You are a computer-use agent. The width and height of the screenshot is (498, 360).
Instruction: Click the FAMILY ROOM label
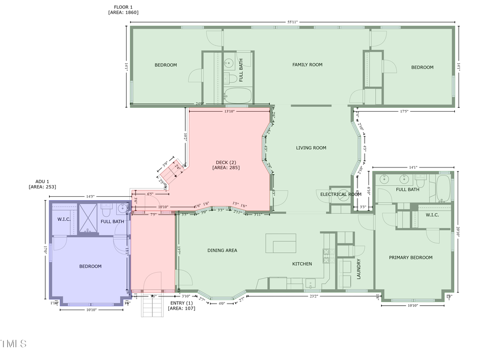(x=307, y=65)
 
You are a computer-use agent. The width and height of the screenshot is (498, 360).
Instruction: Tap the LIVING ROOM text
(x=311, y=148)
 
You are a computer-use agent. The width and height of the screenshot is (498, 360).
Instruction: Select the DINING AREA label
(x=222, y=251)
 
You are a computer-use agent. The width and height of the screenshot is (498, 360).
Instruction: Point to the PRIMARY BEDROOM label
(x=411, y=257)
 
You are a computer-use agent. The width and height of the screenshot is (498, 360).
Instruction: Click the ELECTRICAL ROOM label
(x=341, y=194)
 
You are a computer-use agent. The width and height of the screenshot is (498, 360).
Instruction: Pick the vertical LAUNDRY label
(x=359, y=269)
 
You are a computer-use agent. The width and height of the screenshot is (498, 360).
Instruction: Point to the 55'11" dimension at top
(x=292, y=22)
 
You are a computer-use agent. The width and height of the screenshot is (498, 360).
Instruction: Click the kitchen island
(x=281, y=243)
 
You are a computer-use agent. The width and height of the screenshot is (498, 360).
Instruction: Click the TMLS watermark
(x=14, y=344)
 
